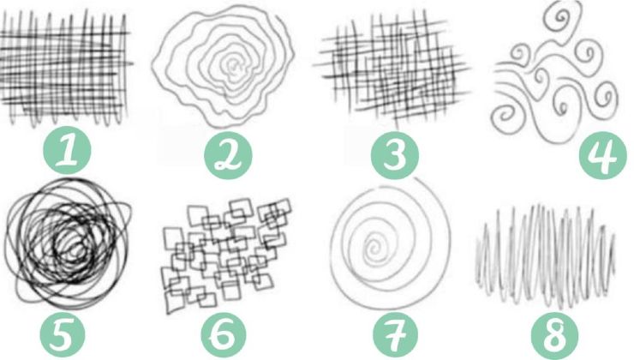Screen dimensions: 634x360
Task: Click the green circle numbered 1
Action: [x=67, y=150]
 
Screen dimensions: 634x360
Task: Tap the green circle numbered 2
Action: [x=228, y=155]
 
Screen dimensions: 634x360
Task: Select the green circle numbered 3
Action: [x=395, y=155]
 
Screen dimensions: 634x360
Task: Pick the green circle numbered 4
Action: [x=603, y=155]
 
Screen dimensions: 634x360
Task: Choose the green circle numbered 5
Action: [x=63, y=334]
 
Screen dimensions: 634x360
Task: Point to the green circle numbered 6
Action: [x=224, y=334]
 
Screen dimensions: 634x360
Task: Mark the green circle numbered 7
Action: [x=395, y=334]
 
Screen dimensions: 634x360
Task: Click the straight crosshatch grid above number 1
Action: [x=65, y=67]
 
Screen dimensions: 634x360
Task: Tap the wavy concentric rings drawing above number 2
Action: [x=224, y=65]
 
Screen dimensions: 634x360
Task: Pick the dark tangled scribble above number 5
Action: [x=67, y=243]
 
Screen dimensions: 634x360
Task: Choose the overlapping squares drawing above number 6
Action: [x=226, y=255]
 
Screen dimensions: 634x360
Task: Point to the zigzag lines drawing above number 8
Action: [x=546, y=255]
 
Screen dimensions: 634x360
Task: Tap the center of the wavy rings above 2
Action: [x=233, y=65]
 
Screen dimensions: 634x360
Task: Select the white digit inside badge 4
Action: [x=602, y=155]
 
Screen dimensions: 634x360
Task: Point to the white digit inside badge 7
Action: [x=396, y=336]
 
